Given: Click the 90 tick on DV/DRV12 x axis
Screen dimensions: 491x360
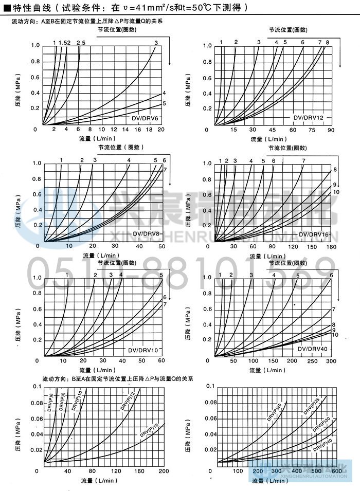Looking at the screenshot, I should tap(331, 130).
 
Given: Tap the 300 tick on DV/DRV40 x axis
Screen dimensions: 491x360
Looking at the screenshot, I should tap(331, 361).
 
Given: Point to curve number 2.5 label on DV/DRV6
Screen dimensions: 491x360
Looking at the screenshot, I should tap(81, 42).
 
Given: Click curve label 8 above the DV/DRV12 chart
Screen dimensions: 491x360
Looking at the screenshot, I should tap(327, 42).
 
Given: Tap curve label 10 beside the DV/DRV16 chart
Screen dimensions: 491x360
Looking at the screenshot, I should tap(336, 192).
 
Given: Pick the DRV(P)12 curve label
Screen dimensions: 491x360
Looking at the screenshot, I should tap(128, 401).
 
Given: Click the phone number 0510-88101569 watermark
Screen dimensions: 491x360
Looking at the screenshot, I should tap(180, 271).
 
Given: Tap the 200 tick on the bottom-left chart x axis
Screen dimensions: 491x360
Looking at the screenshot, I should tap(164, 471).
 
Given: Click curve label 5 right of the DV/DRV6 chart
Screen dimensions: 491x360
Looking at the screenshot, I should tap(164, 104).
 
